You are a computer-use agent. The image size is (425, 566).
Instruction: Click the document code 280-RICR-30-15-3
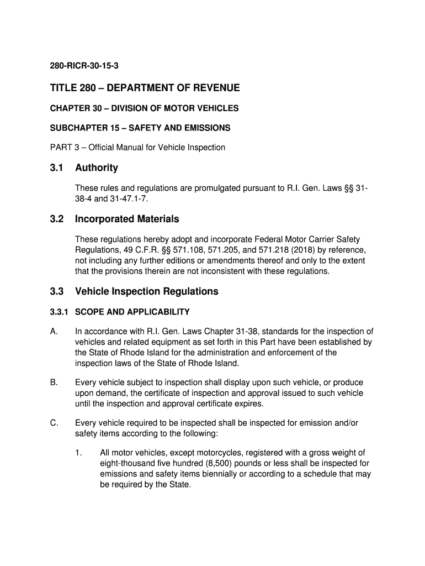(84, 66)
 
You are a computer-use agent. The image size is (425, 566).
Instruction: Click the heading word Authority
(97, 167)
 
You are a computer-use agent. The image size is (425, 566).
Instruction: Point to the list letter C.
(54, 423)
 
